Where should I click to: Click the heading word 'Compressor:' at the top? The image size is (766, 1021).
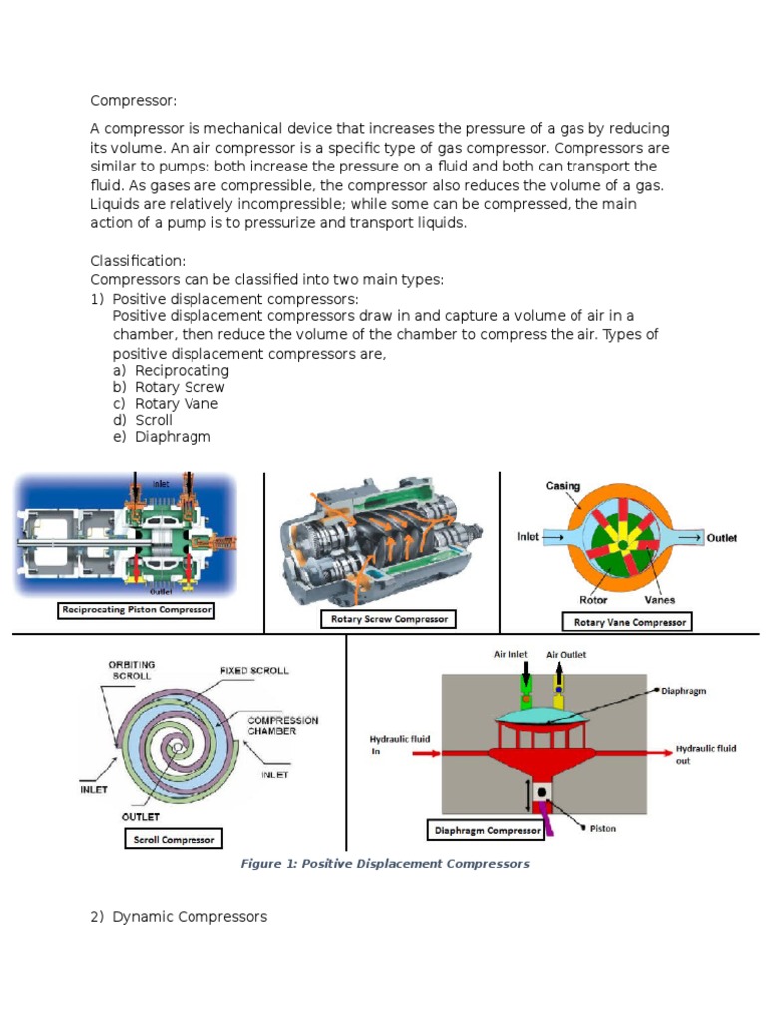coord(128,100)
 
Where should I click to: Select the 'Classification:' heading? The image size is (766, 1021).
coord(138,261)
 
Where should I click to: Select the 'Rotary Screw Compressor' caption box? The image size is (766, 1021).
coord(389,619)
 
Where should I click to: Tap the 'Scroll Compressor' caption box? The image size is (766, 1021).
coord(174,839)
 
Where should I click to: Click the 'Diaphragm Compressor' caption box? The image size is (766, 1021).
coord(486,830)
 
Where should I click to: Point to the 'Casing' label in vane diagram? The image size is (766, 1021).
coord(564,486)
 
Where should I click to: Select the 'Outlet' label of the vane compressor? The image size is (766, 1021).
coord(722,538)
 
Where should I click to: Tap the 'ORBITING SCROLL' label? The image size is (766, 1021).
coord(131,670)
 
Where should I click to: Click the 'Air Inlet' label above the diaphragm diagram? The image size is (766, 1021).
coord(510,655)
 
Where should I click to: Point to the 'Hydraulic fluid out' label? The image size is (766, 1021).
coord(706,754)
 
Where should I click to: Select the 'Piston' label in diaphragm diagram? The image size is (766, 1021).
coord(603,828)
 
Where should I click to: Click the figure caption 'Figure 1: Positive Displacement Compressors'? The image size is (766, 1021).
coord(385,864)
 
